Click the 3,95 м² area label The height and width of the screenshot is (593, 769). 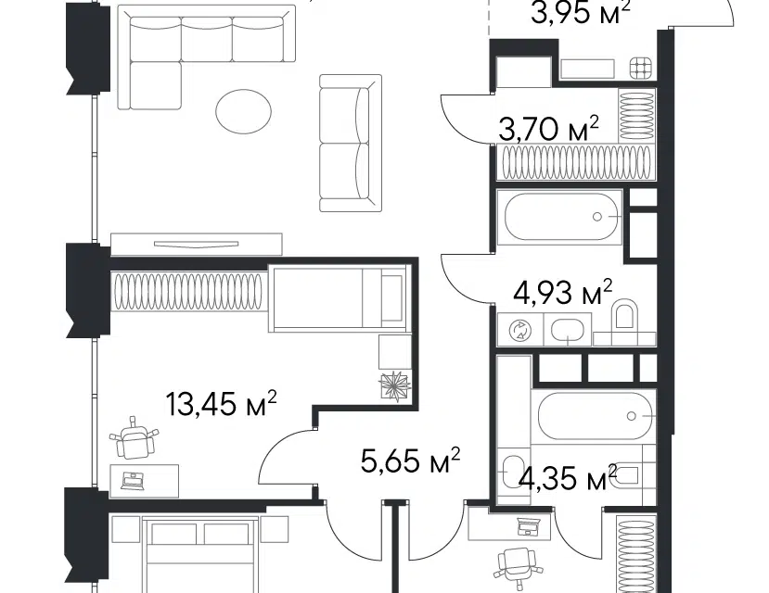pos(580,13)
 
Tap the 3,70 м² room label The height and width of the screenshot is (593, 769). pos(548,129)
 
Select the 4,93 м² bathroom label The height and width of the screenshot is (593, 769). pos(562,293)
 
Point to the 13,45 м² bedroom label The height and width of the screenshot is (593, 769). pos(222,403)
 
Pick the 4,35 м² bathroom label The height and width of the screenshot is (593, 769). pos(568,477)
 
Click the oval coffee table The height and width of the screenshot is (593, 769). pos(243,110)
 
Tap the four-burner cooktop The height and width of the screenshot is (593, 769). pos(641,68)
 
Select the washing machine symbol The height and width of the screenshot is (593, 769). pos(519,330)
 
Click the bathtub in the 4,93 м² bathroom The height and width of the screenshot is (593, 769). pos(559,217)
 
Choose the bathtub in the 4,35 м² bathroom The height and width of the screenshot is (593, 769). pos(596,416)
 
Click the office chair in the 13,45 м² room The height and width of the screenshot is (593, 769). pos(134,436)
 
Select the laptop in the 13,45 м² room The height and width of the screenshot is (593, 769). pos(133,480)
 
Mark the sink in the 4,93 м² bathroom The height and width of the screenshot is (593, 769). pos(567,330)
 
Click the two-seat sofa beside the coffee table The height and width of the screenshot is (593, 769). pos(350,143)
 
